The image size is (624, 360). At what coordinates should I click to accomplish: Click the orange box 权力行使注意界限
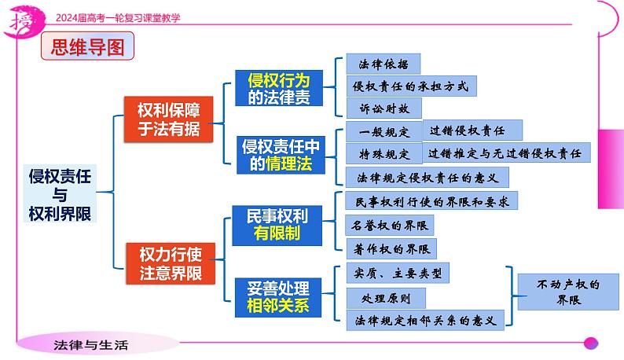tap(171, 263)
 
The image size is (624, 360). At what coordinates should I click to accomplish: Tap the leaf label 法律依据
tap(384, 64)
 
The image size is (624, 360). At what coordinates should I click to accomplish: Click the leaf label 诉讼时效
tap(384, 108)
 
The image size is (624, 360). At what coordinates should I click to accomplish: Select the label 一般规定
tap(384, 131)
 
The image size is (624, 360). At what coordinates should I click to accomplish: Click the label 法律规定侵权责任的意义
tap(427, 176)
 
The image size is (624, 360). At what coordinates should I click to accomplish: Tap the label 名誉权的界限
tap(390, 226)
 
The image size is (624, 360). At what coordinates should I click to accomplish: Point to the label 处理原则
tap(386, 299)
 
